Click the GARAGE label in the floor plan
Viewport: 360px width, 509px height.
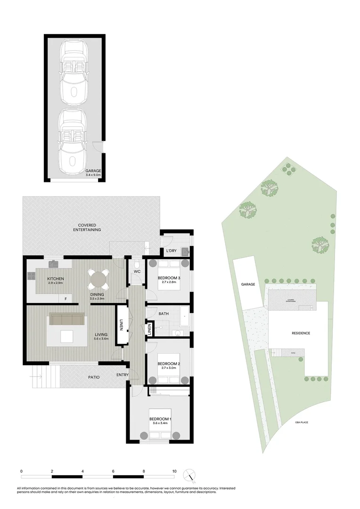tap(93, 171)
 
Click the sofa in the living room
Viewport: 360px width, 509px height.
tap(68, 320)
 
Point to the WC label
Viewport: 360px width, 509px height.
tap(137, 272)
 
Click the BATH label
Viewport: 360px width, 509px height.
tap(164, 313)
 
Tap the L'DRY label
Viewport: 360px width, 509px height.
tap(171, 251)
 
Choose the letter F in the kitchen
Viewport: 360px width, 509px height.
tap(65, 298)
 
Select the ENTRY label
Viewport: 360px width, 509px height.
tap(122, 375)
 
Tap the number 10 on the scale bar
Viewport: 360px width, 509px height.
tap(174, 471)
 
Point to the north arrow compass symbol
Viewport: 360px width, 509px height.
tap(189, 475)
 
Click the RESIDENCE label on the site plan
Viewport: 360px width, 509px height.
tap(301, 333)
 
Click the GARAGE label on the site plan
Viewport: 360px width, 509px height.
tap(248, 284)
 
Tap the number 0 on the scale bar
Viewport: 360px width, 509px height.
tap(22, 471)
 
